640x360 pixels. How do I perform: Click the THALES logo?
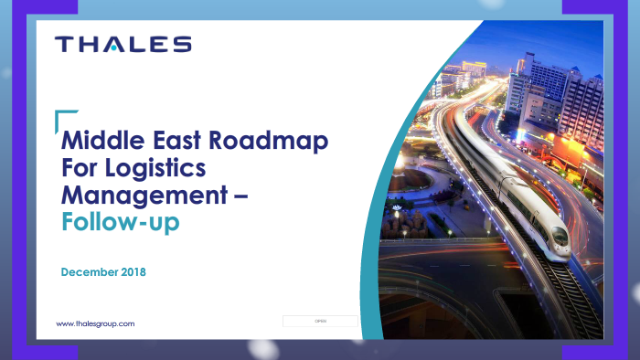(123, 45)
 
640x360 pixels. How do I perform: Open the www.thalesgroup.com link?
(96, 323)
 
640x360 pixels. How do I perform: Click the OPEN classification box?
(320, 322)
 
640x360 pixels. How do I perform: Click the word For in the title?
(79, 169)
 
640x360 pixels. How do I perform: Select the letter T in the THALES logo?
(62, 45)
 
